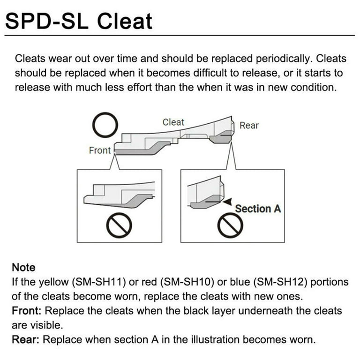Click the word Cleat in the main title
pyautogui.click(x=125, y=21)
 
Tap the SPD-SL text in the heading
pyautogui.click(x=47, y=21)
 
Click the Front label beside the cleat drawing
pyautogui.click(x=100, y=150)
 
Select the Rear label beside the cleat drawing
pyautogui.click(x=249, y=125)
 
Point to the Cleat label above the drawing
pyautogui.click(x=173, y=122)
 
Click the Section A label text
pyautogui.click(x=258, y=209)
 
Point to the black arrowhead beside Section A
pyautogui.click(x=227, y=202)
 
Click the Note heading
pyautogui.click(x=23, y=268)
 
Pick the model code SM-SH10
pyautogui.click(x=187, y=282)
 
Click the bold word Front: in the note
pyautogui.click(x=27, y=311)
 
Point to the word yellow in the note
pyautogui.click(x=54, y=282)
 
